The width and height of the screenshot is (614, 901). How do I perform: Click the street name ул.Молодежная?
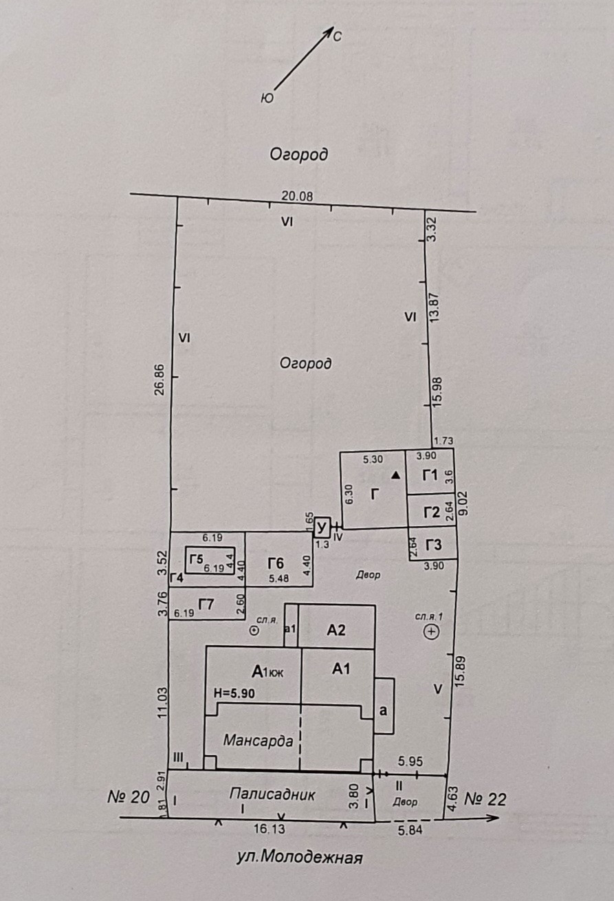coord(300,858)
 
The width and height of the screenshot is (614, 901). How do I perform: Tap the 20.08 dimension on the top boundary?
coord(297,196)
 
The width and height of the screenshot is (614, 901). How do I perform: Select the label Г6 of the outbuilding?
coord(276,564)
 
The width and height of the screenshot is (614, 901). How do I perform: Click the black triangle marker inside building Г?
coord(396,475)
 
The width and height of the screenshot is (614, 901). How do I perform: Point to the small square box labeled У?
coord(322,528)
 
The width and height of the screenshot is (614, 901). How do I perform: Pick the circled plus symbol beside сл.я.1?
coord(432,631)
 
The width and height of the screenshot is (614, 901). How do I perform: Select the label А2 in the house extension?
coord(336,630)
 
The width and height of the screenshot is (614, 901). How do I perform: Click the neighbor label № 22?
coord(485,799)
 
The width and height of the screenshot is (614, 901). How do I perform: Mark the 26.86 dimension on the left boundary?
coord(160,380)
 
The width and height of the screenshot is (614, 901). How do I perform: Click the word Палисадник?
coord(272,794)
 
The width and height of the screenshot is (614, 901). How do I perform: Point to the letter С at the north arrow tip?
coord(337,37)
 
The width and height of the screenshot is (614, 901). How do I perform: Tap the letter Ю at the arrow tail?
coord(267,98)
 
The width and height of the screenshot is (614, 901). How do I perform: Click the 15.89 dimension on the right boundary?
coord(460,671)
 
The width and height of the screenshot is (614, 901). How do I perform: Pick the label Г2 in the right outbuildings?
coord(432,512)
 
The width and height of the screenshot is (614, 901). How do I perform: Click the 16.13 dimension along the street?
coord(270,829)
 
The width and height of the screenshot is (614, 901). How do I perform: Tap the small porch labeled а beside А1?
coord(384,710)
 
